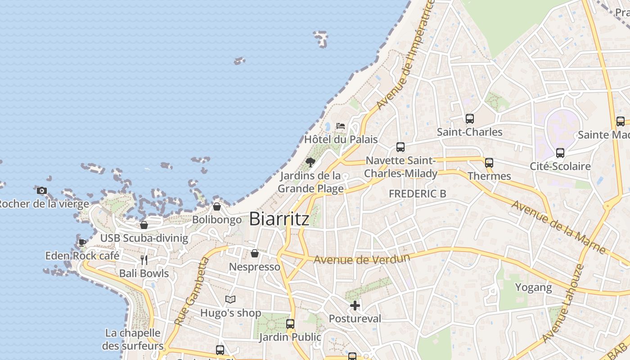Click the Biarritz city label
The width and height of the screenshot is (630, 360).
coord(279,219)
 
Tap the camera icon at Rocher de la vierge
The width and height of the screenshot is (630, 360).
coord(42,190)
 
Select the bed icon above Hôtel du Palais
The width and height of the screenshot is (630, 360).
coord(341,126)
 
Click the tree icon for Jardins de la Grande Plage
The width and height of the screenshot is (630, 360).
coord(310,162)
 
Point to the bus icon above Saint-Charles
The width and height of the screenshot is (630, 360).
coord(469,119)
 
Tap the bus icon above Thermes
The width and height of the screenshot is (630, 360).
coord(489,163)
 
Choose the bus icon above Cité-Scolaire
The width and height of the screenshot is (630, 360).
coord(560,153)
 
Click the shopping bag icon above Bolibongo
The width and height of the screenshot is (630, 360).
coord(217,207)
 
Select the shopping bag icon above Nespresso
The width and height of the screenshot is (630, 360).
coord(255,253)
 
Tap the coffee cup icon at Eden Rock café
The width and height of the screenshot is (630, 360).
coord(82,243)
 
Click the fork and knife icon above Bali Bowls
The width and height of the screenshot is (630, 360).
coord(144,260)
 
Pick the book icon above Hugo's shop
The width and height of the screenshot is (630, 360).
coord(230,299)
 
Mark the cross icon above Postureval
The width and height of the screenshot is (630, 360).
coord(355,306)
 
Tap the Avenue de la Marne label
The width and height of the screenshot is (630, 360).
coord(558,227)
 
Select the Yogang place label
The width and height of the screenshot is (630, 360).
coord(533,287)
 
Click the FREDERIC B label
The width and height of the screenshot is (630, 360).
coord(418,193)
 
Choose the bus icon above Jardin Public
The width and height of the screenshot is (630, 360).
coord(290,324)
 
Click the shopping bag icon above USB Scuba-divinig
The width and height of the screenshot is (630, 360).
coord(144,225)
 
